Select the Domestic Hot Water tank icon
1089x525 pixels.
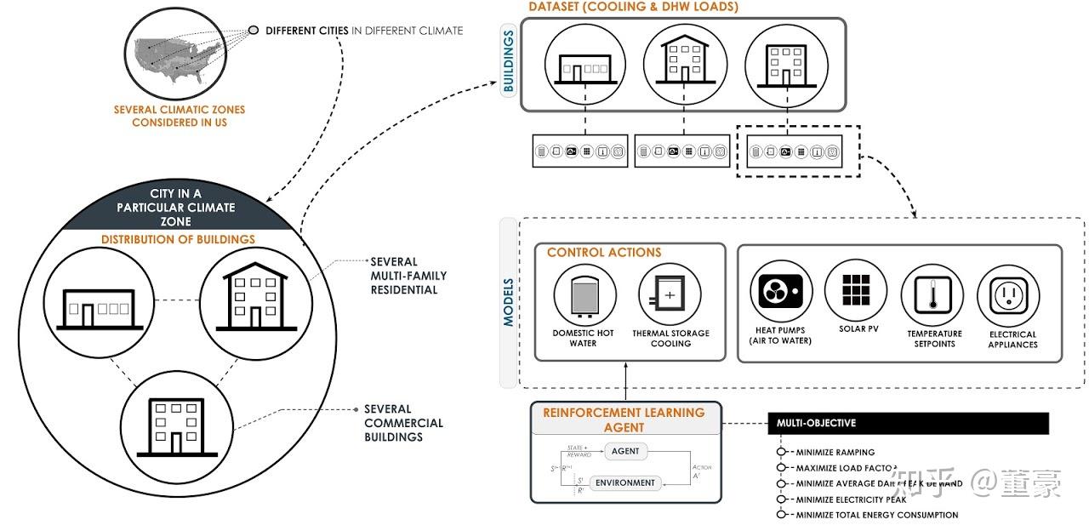point(584,294)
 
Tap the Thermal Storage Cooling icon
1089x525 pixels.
point(670,294)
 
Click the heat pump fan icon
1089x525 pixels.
point(780,290)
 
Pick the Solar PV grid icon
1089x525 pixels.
point(856,290)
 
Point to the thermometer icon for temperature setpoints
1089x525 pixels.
point(932,295)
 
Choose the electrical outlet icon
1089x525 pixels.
point(1008,295)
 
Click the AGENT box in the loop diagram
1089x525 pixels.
point(625,452)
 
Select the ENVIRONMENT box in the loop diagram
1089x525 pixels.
point(625,482)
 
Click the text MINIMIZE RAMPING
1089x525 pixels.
point(835,453)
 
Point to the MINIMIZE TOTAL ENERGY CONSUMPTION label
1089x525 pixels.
point(876,515)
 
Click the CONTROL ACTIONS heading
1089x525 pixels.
point(604,253)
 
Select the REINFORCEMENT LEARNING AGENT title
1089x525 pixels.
point(624,419)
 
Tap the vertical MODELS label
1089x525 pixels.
point(508,302)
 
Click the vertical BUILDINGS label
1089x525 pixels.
point(508,61)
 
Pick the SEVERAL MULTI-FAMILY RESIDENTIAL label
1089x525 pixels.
point(408,276)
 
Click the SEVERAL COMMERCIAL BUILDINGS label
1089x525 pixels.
point(403,423)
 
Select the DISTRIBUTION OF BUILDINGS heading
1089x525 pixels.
point(178,239)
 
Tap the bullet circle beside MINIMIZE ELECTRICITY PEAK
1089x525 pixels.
point(781,499)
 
